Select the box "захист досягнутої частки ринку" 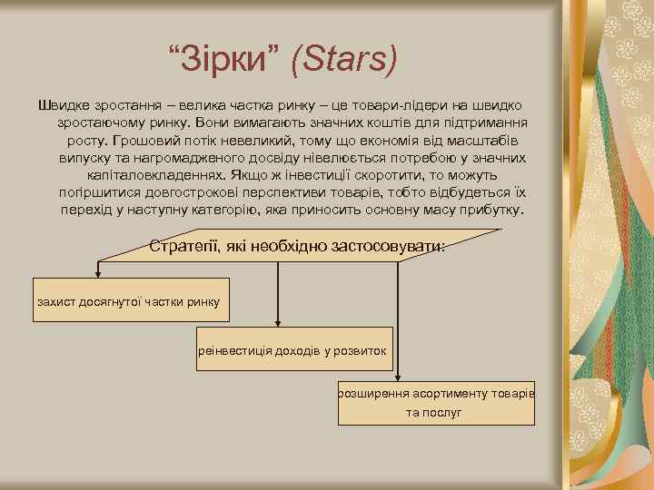click(128, 300)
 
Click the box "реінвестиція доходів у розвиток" click(294, 350)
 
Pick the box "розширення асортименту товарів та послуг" click(436, 403)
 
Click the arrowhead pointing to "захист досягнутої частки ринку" click(97, 271)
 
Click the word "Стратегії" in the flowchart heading click(182, 247)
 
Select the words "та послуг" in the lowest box click(434, 412)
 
